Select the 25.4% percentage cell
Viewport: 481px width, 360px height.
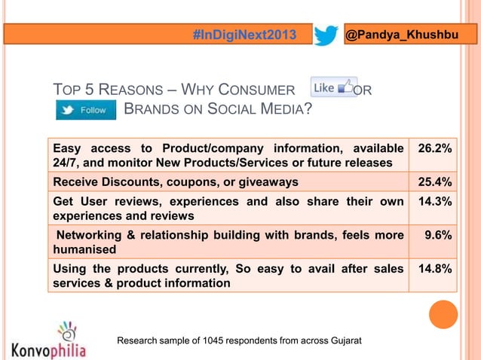point(435,182)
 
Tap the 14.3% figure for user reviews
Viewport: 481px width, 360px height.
point(435,202)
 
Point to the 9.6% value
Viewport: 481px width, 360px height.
point(438,235)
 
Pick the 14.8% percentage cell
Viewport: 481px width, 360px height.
point(435,268)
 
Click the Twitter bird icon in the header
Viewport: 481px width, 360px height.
point(326,35)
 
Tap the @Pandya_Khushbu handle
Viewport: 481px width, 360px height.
point(401,35)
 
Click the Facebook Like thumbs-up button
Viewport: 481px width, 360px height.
point(333,87)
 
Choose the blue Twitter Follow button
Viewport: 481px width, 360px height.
point(86,110)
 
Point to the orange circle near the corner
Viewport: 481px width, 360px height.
point(443,314)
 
